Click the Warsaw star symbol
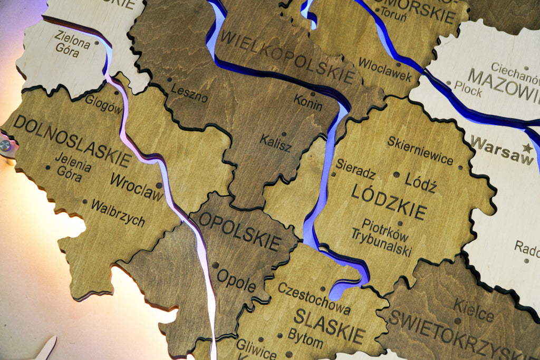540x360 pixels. click(527, 148)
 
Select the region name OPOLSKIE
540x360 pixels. click(239, 231)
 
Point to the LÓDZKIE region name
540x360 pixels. click(389, 201)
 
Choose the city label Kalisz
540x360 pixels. click(275, 143)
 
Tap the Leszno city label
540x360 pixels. click(189, 93)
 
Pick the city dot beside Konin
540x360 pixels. click(313, 94)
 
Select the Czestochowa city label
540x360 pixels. click(314, 298)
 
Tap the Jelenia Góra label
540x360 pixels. click(72, 167)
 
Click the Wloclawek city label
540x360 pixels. click(385, 70)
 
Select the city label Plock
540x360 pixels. click(468, 90)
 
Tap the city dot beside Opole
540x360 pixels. click(215, 265)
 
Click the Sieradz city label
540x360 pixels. click(355, 169)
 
